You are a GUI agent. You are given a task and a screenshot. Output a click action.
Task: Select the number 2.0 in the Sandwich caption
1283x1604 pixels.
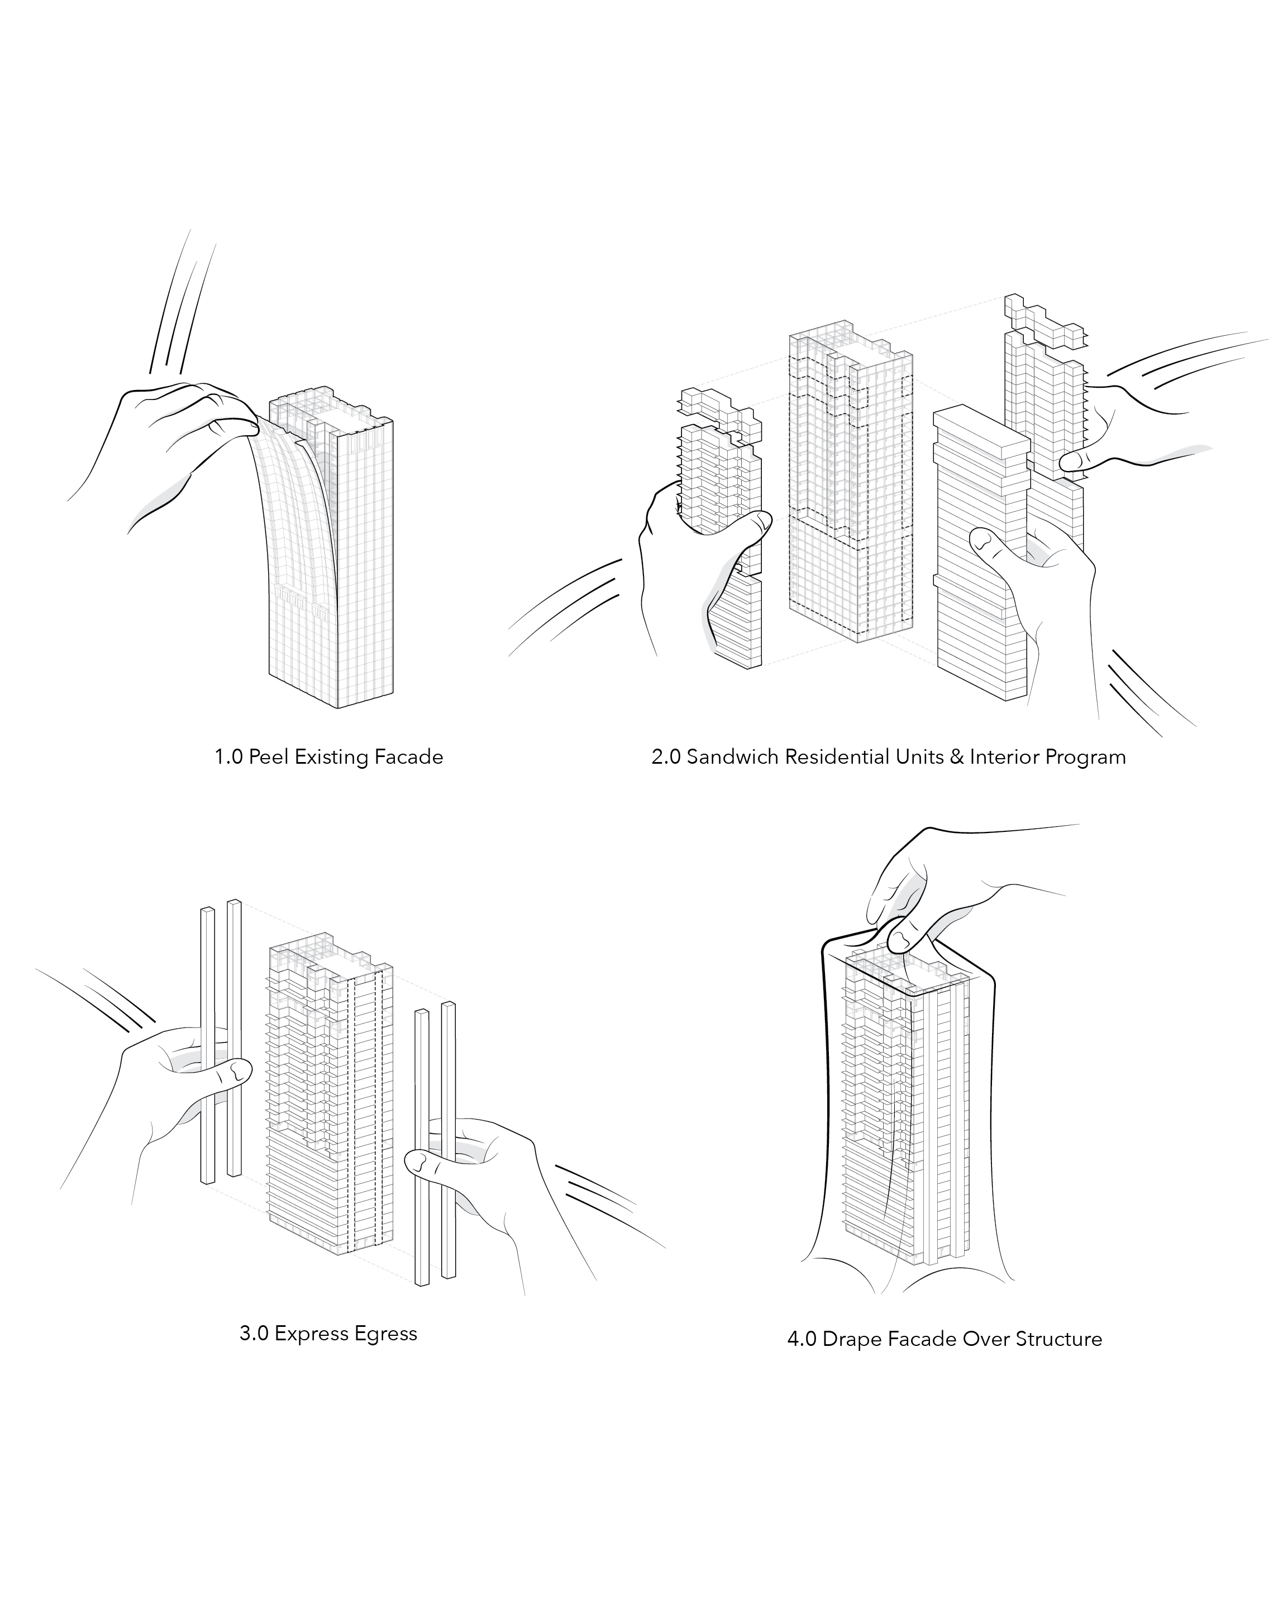tap(666, 758)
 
